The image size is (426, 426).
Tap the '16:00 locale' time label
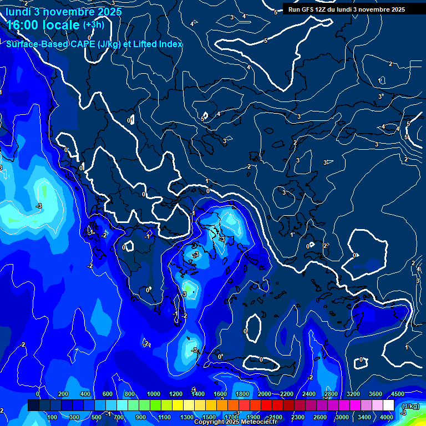[x=43, y=26]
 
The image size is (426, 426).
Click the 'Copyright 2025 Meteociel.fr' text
[x=235, y=422]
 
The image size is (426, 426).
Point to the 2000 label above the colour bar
[x=265, y=394]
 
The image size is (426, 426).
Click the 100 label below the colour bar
[x=52, y=417]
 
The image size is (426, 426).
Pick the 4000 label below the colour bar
[x=387, y=417]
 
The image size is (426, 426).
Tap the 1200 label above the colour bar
[x=175, y=394]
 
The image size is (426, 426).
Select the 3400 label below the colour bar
[x=364, y=417]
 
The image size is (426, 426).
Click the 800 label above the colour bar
[x=130, y=394]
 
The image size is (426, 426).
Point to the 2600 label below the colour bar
[x=319, y=417]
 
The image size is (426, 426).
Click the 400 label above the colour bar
[x=85, y=394]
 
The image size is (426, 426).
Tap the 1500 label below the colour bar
[x=209, y=417]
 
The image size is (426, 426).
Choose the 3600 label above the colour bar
[x=375, y=394]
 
